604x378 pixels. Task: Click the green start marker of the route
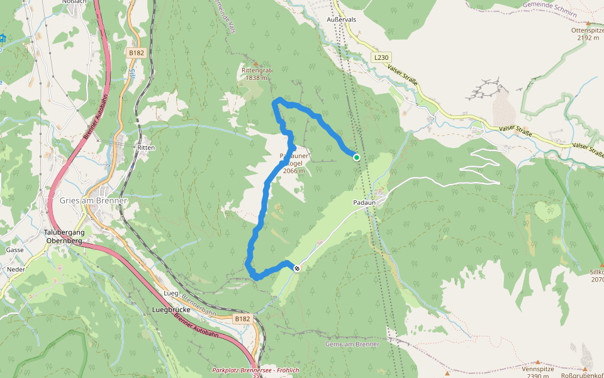[x=356, y=157]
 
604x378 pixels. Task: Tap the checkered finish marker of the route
[x=297, y=268]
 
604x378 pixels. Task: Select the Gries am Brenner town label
[x=93, y=200]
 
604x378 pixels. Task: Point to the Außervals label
[x=342, y=20]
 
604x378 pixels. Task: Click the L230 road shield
[x=382, y=57]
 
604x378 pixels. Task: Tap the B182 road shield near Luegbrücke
[x=242, y=319]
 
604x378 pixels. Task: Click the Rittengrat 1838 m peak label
[x=255, y=74]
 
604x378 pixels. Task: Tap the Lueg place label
[x=171, y=294]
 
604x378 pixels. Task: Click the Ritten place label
[x=145, y=147]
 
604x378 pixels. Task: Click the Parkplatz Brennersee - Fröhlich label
[x=255, y=370]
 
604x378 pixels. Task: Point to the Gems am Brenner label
[x=352, y=344]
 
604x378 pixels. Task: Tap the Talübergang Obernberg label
[x=64, y=236]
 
